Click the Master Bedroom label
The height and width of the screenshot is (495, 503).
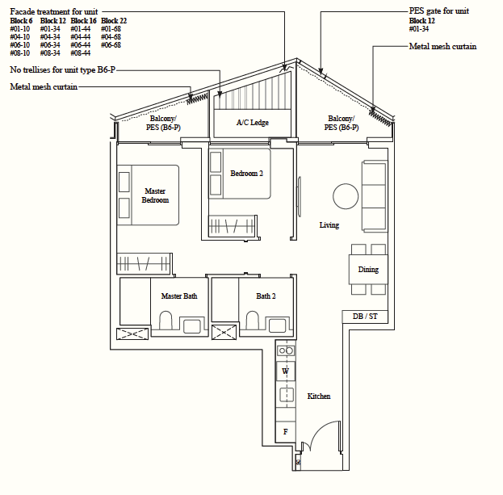coord(155,195)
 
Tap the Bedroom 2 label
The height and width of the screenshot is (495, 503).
coord(246,174)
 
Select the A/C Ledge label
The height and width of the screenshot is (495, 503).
coord(253,122)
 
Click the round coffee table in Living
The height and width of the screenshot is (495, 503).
coord(346,196)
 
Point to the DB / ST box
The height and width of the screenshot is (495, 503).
coord(365,317)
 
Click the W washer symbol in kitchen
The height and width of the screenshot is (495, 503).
coord(286,371)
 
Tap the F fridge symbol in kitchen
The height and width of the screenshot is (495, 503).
coord(285,432)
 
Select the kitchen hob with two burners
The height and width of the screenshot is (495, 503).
coord(286,350)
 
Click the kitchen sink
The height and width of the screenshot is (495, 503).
coord(286,395)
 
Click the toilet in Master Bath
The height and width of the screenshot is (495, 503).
coord(166,320)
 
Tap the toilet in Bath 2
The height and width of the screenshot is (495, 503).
coord(253,320)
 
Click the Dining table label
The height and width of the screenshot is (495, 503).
coord(368,269)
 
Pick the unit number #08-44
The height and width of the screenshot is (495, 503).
coord(81,53)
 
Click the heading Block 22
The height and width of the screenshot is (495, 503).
coord(114,21)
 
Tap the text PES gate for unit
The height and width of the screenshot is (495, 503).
coord(439,11)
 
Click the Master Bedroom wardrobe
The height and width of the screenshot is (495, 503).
coord(144,264)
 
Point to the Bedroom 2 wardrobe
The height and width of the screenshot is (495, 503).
coord(233,226)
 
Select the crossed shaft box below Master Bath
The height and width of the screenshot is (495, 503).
coord(132,334)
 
